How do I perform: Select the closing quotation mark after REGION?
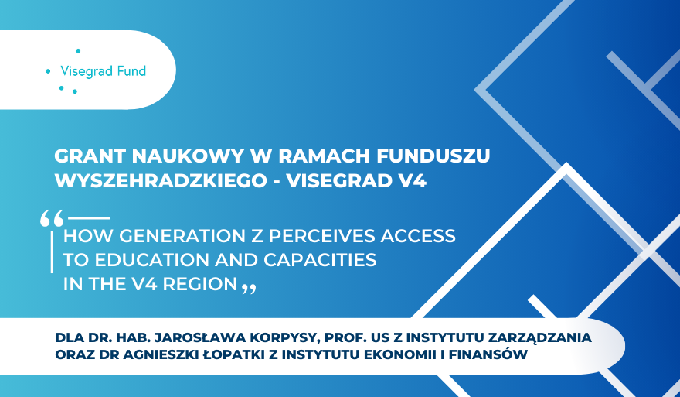[248, 289]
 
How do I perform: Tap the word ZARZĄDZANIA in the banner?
[548, 337]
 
